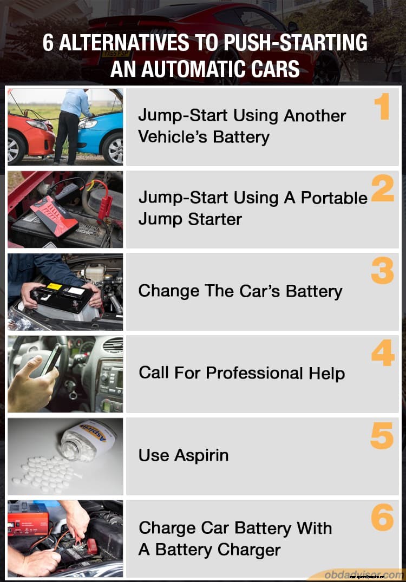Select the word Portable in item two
point(334,198)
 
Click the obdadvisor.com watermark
point(363,574)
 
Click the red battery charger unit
point(28,518)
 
